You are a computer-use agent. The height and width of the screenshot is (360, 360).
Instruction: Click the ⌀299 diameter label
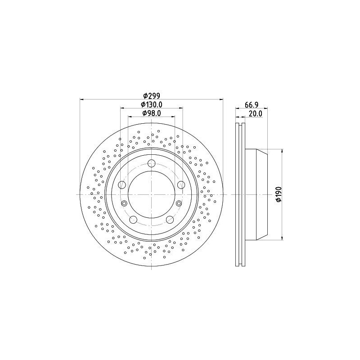(x=151, y=95)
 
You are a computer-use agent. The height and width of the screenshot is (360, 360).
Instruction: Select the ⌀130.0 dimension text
(x=152, y=104)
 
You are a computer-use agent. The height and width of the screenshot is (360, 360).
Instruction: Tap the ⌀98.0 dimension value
(x=152, y=113)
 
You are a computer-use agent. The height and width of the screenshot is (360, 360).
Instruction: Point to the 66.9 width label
(x=252, y=105)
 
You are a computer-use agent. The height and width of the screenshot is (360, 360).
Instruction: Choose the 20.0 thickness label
(x=255, y=113)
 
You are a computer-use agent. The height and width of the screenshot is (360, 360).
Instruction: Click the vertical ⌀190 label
(x=279, y=194)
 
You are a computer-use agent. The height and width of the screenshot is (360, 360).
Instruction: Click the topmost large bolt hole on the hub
(x=151, y=163)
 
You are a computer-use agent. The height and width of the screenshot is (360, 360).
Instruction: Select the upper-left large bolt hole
(x=122, y=184)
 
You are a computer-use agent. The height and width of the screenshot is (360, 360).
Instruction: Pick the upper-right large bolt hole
(x=181, y=184)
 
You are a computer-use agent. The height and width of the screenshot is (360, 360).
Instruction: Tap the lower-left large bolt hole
(x=133, y=220)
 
